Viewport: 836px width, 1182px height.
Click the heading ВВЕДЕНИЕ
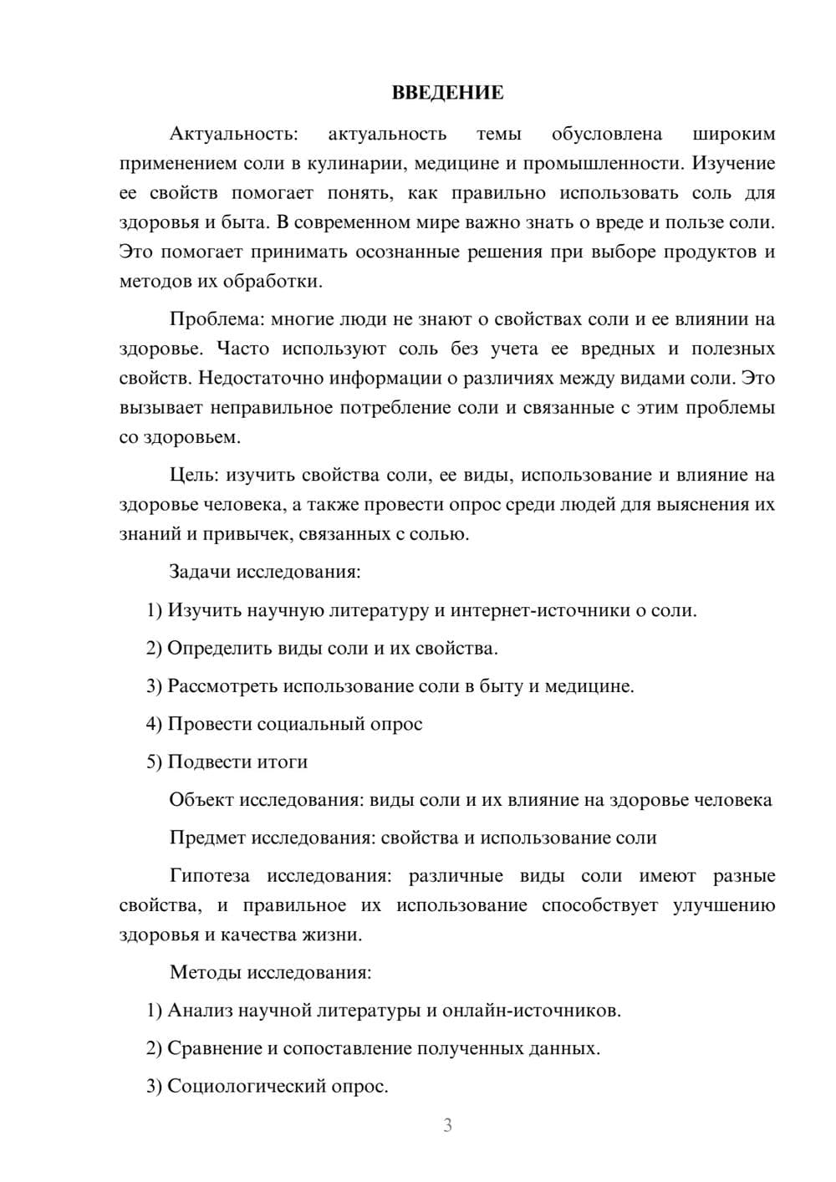click(x=447, y=93)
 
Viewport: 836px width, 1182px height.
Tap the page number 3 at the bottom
click(x=447, y=1125)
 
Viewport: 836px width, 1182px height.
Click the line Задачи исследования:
click(x=265, y=573)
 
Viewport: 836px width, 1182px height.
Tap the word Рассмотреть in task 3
click(x=222, y=686)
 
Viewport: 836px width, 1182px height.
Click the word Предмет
click(x=207, y=838)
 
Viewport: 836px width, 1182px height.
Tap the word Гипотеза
click(x=209, y=876)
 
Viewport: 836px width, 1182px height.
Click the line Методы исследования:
click(x=270, y=972)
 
